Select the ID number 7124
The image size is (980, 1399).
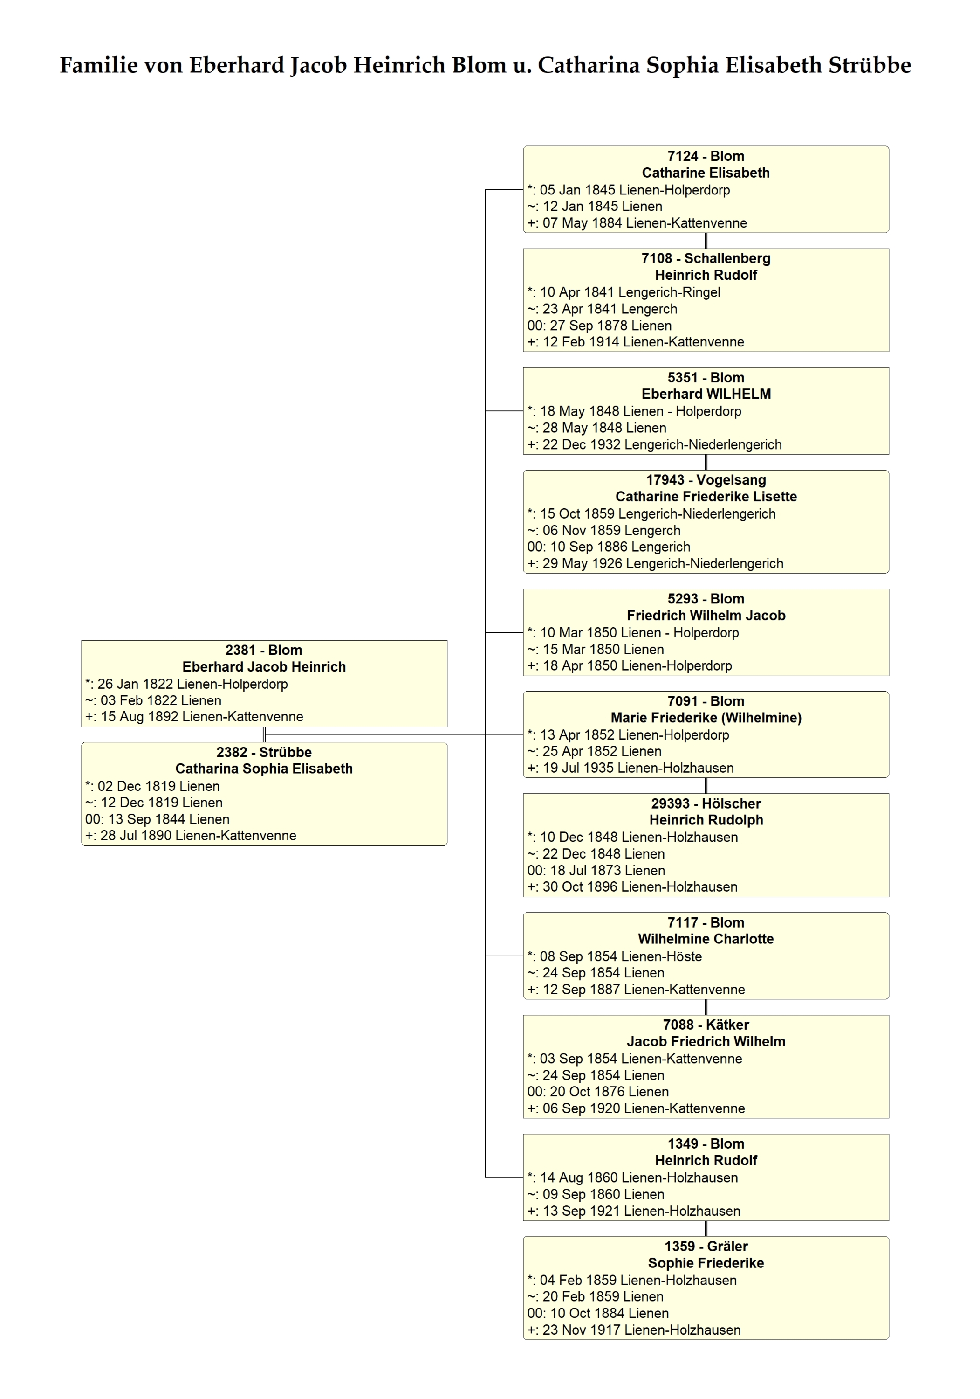pos(682,156)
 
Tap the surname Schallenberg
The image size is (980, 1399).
pos(727,259)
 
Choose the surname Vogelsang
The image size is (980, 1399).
pos(731,481)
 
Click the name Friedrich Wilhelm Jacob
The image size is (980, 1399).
pos(706,616)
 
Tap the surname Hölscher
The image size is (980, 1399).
pos(732,803)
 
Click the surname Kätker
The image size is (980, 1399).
pos(727,1025)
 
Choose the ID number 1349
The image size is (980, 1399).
pos(683,1144)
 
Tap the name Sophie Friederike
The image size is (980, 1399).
pos(706,1263)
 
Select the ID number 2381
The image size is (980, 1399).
pos(240,650)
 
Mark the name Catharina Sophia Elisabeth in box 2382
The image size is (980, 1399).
pos(264,769)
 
